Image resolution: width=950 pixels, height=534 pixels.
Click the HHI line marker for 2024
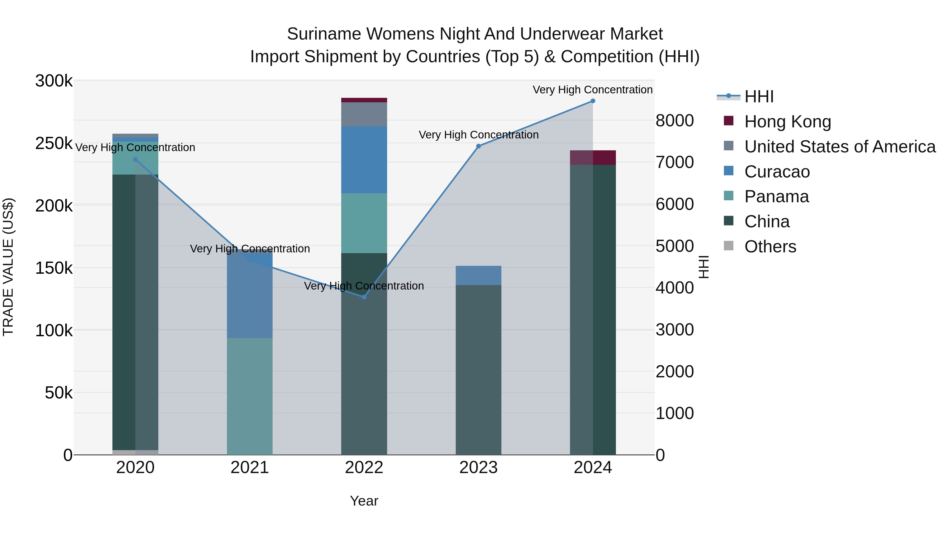593,101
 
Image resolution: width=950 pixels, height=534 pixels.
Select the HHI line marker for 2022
364,297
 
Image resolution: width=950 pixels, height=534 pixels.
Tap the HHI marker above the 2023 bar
478,146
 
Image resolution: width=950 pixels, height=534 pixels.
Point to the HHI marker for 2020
135,160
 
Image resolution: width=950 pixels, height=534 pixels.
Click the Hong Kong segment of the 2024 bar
593,158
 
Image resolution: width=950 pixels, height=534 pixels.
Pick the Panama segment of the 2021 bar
250,396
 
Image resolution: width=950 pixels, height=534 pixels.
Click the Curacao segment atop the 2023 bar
478,275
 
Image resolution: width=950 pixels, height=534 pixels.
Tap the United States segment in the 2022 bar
364,114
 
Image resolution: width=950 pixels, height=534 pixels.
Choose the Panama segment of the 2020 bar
135,158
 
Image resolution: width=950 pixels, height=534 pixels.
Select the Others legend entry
770,247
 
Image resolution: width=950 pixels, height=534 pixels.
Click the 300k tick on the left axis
54,81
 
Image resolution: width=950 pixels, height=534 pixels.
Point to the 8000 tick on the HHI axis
674,121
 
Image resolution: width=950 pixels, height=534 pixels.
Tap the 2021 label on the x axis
250,468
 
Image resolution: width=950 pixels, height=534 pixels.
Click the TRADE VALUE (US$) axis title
8,267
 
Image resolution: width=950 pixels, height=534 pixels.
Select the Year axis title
364,501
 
